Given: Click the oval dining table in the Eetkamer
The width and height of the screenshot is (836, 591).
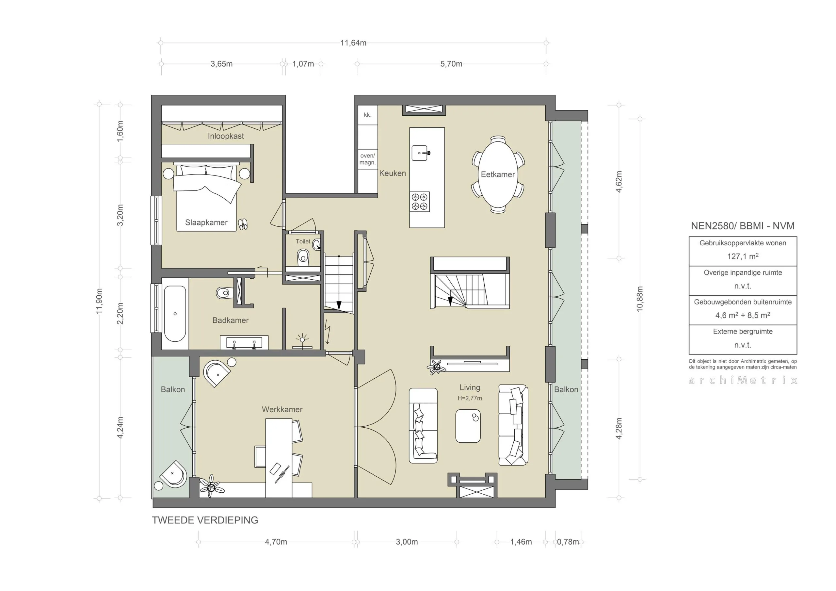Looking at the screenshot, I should click(x=497, y=174).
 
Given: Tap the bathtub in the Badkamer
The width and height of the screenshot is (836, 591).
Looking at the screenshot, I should click(x=175, y=314).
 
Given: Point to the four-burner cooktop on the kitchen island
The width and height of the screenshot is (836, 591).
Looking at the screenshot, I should click(x=419, y=202).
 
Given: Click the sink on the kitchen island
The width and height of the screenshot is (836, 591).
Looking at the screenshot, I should click(x=420, y=153).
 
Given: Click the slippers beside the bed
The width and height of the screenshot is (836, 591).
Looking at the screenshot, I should click(x=243, y=224).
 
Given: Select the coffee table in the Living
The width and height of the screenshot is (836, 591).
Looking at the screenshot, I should click(x=468, y=426).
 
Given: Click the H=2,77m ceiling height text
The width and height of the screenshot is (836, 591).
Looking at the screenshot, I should click(x=469, y=398).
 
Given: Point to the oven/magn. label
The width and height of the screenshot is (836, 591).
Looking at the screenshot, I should click(x=367, y=159).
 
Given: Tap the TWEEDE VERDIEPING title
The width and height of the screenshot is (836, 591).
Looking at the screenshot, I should click(x=205, y=520).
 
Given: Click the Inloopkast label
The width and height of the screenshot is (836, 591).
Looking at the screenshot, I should click(x=226, y=136).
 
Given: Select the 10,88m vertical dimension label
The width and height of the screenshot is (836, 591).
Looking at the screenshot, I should click(x=640, y=299).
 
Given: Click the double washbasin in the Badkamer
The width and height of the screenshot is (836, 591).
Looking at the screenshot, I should click(x=244, y=343).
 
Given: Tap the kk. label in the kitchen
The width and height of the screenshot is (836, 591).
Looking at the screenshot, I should click(x=367, y=115).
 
